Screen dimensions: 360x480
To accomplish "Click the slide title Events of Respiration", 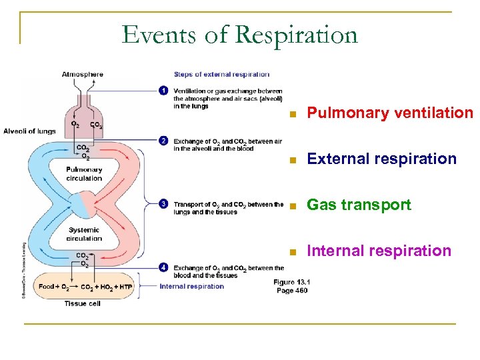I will pos(239,34).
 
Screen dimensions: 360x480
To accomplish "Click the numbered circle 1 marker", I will pos(164,91).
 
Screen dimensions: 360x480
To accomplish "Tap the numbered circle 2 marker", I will pos(164,141).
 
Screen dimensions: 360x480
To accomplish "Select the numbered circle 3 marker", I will pos(164,204).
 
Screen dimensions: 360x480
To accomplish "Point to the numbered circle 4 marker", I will pos(164,267).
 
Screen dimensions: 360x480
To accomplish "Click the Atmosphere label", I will pos(83,74).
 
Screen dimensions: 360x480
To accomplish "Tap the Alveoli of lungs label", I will pos(29,131).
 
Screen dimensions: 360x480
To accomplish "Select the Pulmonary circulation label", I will pos(84,174).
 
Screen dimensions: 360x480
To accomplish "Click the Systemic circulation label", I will pos(84,234).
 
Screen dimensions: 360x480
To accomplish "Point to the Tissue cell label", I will pos(83,303).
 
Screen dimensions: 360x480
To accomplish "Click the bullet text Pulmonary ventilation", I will pos(389,113).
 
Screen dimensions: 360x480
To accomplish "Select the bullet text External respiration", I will pos(381,159).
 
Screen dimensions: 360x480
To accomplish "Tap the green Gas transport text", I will pos(359,205).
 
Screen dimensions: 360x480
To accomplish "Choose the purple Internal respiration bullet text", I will pos(379,251).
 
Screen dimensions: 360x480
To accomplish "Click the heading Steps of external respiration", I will pos(221,74).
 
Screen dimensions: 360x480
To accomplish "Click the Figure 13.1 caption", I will pos(291,282).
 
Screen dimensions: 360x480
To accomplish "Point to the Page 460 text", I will pos(291,290).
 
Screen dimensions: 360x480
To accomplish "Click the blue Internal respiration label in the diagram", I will pos(192,286).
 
